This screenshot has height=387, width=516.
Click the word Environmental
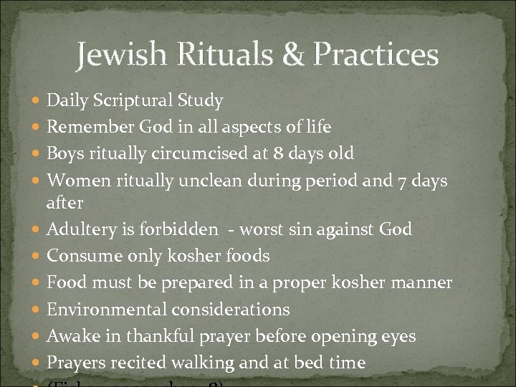point(103,310)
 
